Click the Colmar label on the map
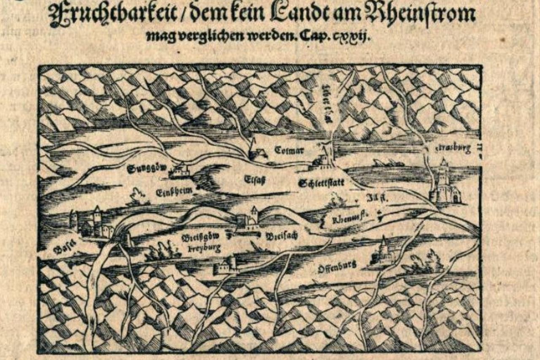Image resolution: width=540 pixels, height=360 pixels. (x=289, y=150)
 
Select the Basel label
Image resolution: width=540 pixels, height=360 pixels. (x=64, y=246)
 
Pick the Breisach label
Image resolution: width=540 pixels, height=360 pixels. (x=282, y=236)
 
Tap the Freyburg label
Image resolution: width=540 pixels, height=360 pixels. (x=204, y=249)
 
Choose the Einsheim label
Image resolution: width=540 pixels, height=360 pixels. (x=174, y=192)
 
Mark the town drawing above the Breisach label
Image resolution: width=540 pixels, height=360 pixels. (x=249, y=219)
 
